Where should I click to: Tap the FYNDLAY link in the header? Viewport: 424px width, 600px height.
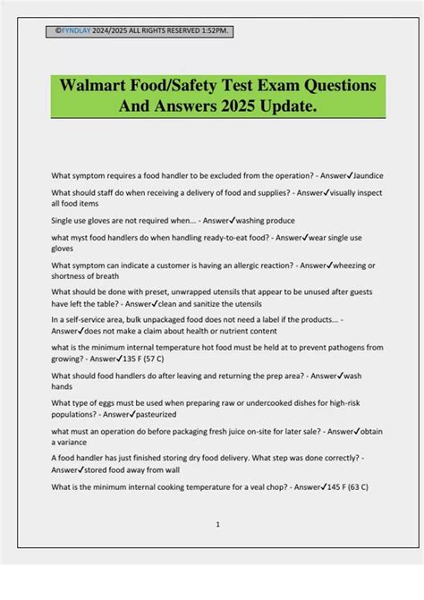point(74,30)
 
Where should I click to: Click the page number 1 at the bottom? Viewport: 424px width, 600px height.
point(217,524)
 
